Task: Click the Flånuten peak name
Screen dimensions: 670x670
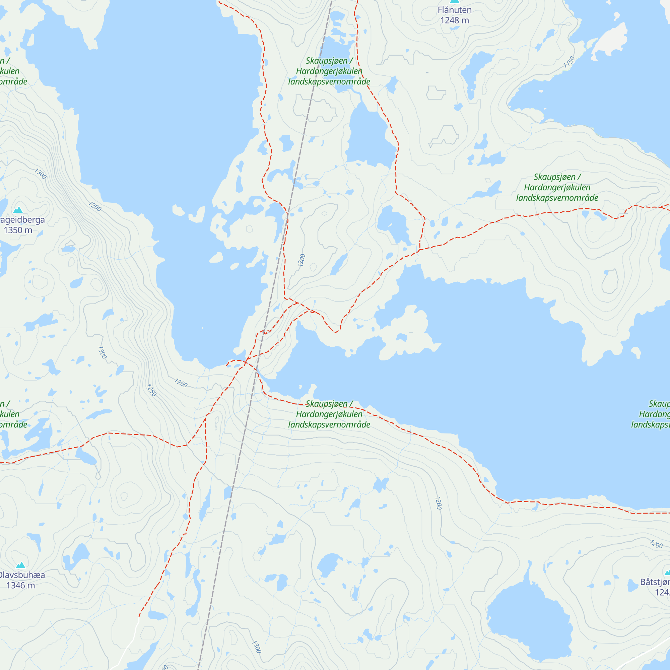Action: point(454,10)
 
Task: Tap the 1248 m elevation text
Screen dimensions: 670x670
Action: point(454,20)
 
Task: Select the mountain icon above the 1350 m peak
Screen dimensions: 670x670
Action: point(18,210)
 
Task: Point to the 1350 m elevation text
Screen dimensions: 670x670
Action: point(18,230)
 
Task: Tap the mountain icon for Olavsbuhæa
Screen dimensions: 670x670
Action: point(20,565)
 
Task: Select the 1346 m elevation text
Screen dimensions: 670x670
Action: point(20,585)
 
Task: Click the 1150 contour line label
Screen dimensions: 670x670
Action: point(569,62)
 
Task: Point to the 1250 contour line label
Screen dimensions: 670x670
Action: point(151,390)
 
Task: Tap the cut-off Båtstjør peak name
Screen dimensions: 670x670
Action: point(655,582)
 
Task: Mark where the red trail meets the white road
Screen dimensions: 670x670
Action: point(139,617)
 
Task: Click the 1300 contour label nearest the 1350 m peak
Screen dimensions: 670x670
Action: point(40,174)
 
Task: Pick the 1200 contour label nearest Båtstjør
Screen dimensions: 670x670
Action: point(656,544)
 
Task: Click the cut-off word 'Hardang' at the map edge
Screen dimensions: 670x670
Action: point(654,414)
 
